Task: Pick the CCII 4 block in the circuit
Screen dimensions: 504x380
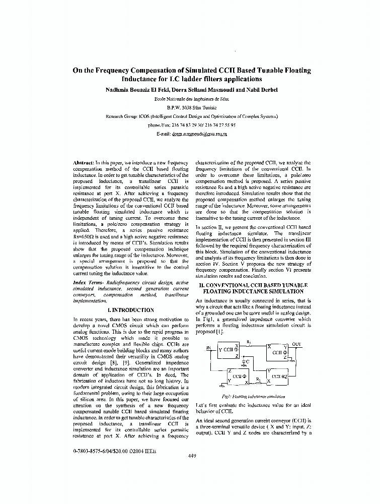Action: (280, 376)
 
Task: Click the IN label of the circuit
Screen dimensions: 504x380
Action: (208, 348)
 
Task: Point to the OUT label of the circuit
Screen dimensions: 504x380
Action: (297, 345)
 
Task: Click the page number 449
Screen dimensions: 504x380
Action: (192, 456)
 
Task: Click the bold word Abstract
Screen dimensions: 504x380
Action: (84, 163)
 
